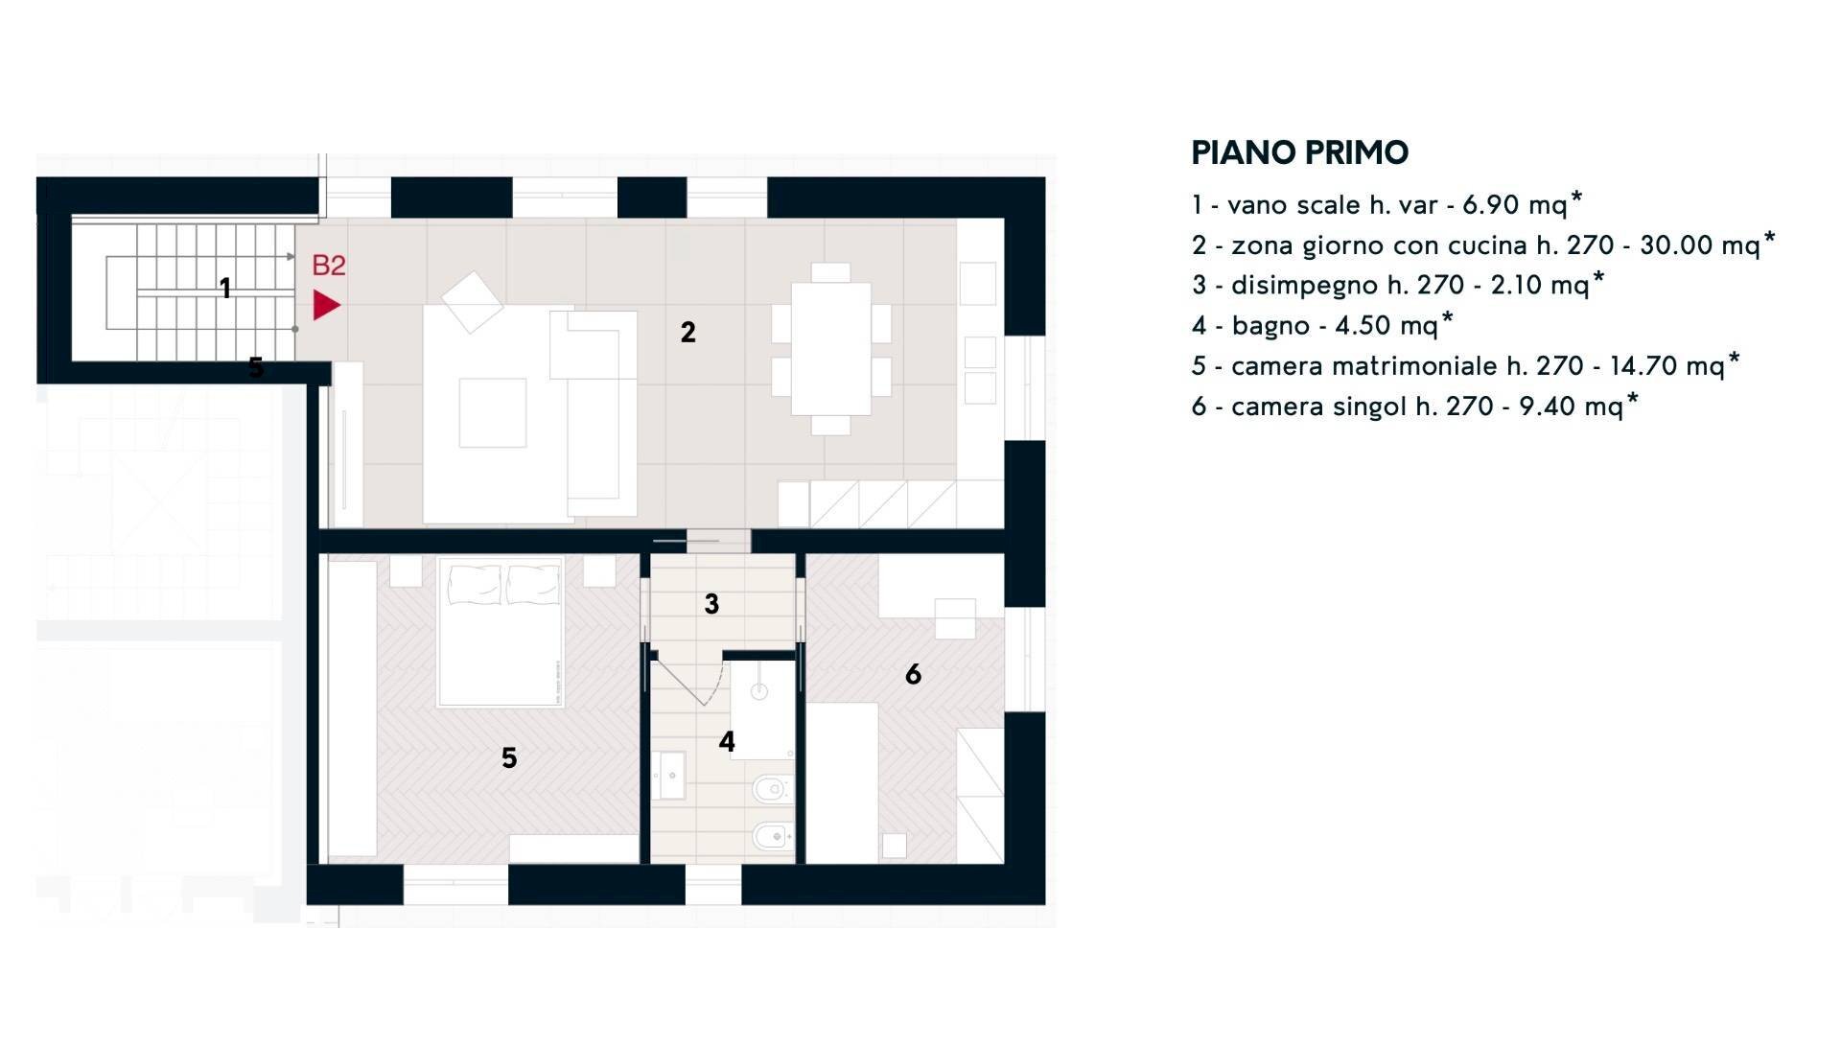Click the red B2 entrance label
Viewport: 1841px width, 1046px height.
point(329,266)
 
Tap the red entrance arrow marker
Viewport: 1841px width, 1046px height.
point(326,306)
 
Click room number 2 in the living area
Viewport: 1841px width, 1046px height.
point(687,333)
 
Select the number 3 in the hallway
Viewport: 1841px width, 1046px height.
point(711,604)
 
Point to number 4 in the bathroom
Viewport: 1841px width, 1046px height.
point(727,742)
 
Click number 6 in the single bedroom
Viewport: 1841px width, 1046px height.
point(913,675)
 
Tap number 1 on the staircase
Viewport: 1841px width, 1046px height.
point(225,288)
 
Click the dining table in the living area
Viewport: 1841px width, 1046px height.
point(830,348)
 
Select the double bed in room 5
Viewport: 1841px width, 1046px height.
point(500,633)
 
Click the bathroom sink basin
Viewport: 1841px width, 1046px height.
point(669,775)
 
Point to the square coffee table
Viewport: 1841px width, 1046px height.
point(493,412)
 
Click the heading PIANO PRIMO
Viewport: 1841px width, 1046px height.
point(1299,152)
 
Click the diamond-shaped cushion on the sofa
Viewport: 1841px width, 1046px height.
point(472,302)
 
